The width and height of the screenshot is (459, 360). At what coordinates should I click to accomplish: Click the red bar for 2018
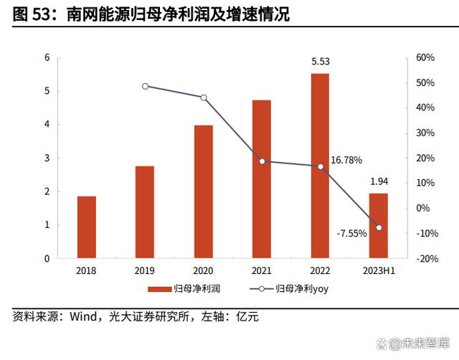pos(86,227)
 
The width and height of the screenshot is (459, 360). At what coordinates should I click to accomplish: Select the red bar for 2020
pos(203,191)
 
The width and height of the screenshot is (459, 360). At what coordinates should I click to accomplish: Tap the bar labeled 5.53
pos(320,166)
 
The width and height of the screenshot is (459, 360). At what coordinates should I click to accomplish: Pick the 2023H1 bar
pos(378,225)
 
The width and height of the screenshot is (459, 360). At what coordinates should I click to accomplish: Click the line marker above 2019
pos(145,86)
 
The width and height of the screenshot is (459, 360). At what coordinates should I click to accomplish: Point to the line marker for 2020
pos(203,98)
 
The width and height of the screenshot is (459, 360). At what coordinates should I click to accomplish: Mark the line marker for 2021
pos(262,161)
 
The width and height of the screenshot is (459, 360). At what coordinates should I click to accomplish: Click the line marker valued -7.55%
pos(379,227)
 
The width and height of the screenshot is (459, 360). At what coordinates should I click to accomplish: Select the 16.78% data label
pos(346,160)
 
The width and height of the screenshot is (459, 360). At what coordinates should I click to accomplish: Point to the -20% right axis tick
pos(424,259)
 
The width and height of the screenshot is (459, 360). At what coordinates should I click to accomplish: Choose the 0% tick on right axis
pos(423,209)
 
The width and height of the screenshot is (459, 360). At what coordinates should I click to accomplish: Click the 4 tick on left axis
pos(47,125)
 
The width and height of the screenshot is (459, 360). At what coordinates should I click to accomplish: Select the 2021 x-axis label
pos(262,271)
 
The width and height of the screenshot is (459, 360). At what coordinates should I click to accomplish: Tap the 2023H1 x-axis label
pos(378,271)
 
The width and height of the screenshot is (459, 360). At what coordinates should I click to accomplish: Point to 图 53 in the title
pos(32,14)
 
